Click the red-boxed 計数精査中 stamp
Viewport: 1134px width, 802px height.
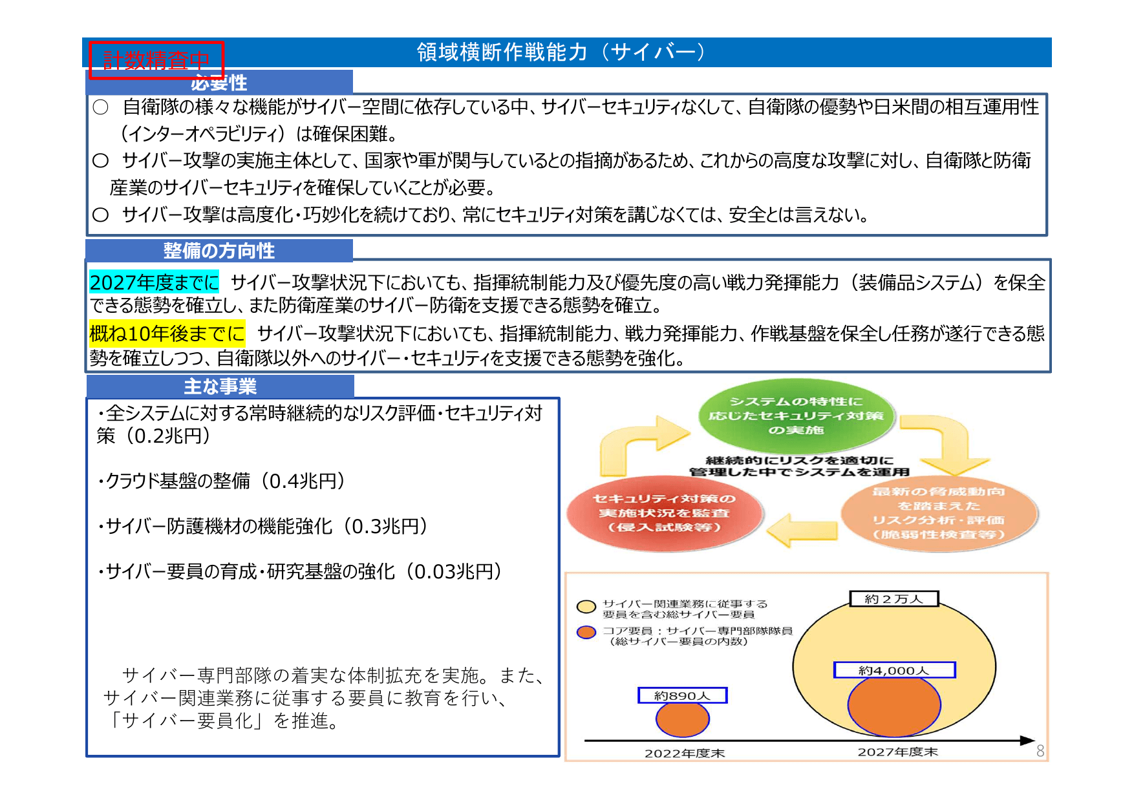coord(156,60)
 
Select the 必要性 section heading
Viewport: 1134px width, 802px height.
coord(219,83)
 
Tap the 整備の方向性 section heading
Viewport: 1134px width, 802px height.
coord(219,251)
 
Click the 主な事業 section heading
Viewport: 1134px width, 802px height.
coord(220,386)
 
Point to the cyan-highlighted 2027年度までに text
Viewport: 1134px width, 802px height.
coord(154,282)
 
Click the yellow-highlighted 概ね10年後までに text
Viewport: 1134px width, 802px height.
coord(167,333)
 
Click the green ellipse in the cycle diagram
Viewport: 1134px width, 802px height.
coord(796,416)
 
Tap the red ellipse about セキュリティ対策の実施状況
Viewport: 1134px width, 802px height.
coord(664,513)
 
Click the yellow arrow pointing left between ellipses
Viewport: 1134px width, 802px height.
coord(802,530)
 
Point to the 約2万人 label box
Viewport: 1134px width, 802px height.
coord(893,599)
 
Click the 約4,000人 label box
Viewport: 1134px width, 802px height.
coord(893,670)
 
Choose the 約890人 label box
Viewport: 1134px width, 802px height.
coord(682,695)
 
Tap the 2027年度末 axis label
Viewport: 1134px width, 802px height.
coord(897,752)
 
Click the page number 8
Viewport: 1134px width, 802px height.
coord(1040,751)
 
